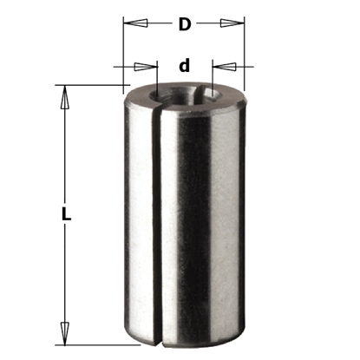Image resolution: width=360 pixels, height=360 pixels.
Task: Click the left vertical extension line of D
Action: pyautogui.click(x=123, y=52)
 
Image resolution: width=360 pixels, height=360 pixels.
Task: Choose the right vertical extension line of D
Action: pyautogui.click(x=243, y=52)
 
